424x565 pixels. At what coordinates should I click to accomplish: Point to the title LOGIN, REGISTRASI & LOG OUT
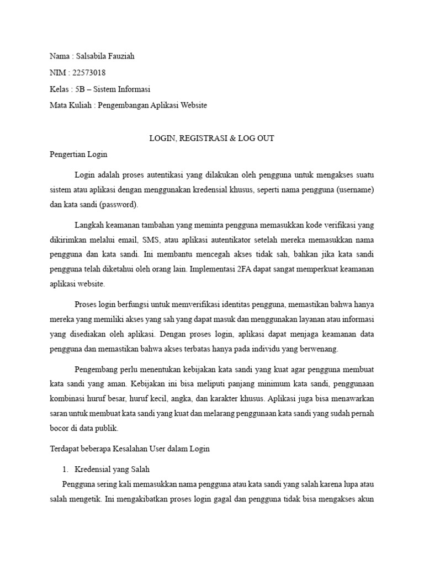coord(212,138)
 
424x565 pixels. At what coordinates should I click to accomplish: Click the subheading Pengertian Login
coord(78,154)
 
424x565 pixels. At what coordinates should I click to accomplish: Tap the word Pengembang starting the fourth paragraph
coord(95,368)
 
